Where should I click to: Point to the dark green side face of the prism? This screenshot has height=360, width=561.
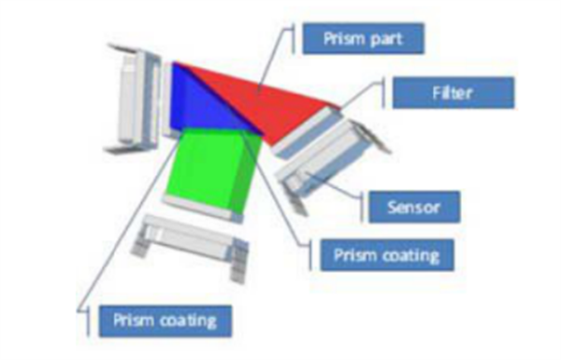tap(247, 172)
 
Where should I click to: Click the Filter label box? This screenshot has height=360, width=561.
tap(453, 93)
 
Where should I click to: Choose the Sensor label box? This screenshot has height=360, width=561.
tap(414, 207)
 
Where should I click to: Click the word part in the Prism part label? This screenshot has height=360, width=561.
tap(387, 39)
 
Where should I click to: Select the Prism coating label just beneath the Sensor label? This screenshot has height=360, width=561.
tap(387, 255)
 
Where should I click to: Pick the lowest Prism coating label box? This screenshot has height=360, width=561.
tap(165, 321)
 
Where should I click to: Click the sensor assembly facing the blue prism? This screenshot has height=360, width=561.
tap(134, 98)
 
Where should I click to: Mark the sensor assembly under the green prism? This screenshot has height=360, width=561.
tap(190, 247)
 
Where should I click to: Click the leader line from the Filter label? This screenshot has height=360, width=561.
tap(361, 94)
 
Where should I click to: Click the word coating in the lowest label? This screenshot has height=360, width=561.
tap(188, 321)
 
